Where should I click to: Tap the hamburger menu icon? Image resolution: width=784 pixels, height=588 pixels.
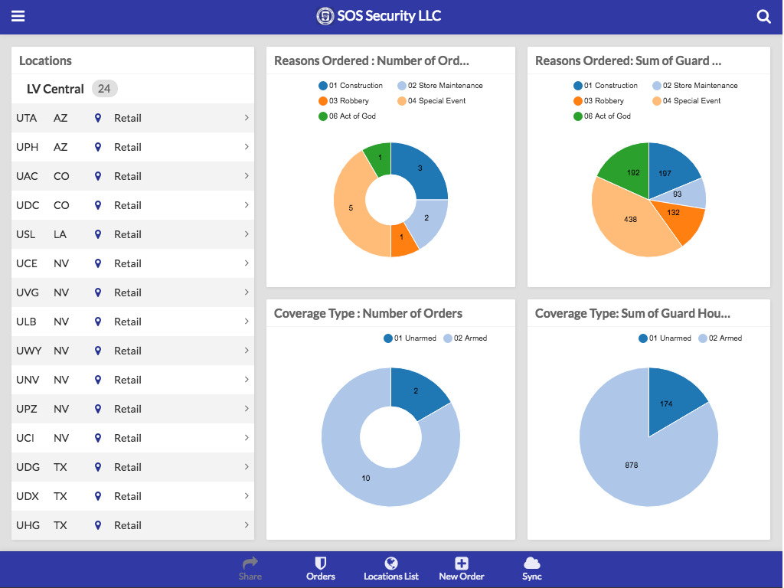(18, 16)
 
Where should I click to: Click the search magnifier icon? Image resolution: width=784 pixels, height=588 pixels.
(763, 17)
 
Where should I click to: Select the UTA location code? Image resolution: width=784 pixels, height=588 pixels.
(27, 118)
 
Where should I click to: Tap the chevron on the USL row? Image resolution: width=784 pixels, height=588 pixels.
(247, 234)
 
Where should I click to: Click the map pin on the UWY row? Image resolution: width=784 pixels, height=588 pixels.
(98, 351)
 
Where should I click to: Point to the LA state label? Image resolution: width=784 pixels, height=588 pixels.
(60, 234)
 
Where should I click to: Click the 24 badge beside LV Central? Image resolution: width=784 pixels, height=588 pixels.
(104, 89)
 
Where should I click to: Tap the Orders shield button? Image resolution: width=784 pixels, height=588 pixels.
(321, 569)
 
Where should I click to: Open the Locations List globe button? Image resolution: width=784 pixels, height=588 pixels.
(391, 569)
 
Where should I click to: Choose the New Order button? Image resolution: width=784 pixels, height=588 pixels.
(462, 569)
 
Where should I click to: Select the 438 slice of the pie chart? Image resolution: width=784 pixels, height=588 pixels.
(631, 219)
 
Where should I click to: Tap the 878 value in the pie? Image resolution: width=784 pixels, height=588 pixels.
(631, 465)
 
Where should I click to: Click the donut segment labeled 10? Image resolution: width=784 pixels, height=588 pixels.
(366, 478)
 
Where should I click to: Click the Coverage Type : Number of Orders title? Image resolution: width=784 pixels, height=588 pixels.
(368, 313)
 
